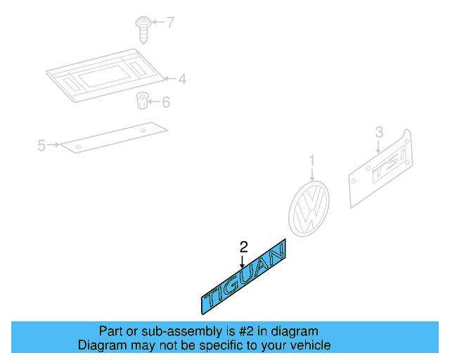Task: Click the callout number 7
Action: click(169, 22)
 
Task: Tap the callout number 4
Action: click(181, 79)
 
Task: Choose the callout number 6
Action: click(166, 103)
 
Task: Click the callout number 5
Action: click(41, 146)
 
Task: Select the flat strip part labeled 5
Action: click(112, 138)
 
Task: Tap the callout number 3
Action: click(378, 131)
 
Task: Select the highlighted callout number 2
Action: click(243, 247)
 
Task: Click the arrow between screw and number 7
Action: click(156, 22)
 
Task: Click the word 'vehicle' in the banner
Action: click(310, 345)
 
